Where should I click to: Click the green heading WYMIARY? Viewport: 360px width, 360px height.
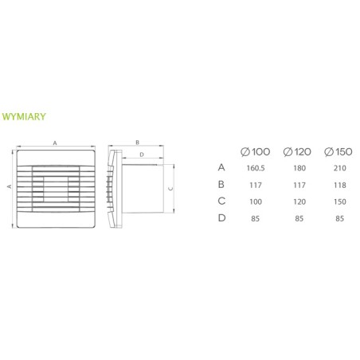click(x=24, y=116)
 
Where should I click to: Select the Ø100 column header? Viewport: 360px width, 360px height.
click(x=255, y=152)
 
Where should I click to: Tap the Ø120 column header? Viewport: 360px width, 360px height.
click(x=297, y=152)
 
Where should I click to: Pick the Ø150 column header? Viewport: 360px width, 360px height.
click(x=338, y=152)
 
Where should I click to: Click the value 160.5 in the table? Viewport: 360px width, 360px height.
click(x=256, y=168)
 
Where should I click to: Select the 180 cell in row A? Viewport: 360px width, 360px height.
click(x=299, y=168)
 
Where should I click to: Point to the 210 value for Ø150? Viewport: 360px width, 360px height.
click(x=340, y=168)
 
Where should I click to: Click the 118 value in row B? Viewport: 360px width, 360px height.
click(x=340, y=185)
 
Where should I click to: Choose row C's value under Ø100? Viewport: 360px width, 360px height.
click(x=256, y=202)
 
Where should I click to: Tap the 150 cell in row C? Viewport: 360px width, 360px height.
click(x=340, y=202)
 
